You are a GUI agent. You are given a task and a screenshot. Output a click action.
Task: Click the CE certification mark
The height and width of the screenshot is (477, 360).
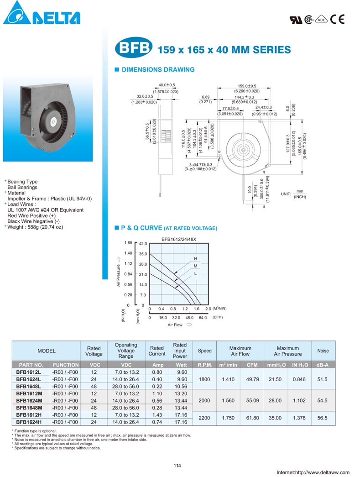tap(338, 19)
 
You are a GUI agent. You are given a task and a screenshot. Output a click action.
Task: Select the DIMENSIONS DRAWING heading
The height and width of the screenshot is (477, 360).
tap(157, 70)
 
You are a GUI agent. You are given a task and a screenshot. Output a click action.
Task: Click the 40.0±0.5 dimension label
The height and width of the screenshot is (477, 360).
tap(167, 85)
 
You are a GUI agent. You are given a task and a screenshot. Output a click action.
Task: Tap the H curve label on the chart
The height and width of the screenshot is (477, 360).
tap(196, 259)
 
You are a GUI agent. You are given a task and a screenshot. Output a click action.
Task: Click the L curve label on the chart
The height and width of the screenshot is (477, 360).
tap(196, 273)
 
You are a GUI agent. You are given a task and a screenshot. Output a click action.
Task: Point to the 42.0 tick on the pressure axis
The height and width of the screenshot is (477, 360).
tap(143, 244)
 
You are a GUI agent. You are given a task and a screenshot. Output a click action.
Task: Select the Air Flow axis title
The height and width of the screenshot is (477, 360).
tap(175, 325)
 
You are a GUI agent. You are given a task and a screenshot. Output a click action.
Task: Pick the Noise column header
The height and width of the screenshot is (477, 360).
tap(323, 351)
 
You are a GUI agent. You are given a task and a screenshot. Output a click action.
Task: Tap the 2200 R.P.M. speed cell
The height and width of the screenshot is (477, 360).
tap(204, 418)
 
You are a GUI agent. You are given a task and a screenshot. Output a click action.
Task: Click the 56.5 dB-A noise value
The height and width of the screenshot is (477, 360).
tap(323, 418)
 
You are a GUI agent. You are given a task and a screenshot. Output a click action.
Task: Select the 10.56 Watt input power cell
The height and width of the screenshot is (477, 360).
tap(180, 387)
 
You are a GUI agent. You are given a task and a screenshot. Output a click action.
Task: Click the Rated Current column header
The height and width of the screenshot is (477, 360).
tap(157, 351)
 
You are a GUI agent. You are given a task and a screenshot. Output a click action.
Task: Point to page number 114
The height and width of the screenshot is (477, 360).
tap(177, 466)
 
